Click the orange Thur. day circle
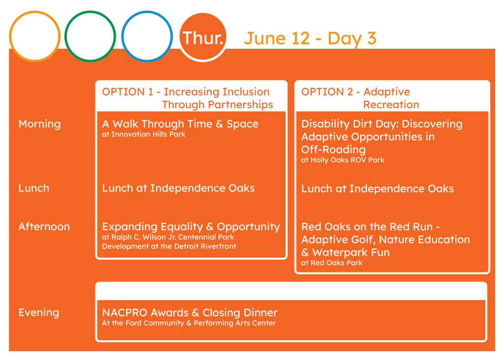point(203,36)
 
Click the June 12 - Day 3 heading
point(310,38)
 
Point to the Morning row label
point(39,124)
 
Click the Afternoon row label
point(44,227)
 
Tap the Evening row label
point(39,312)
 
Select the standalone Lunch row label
point(34,188)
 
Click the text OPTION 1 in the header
point(127,92)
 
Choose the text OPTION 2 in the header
point(327,92)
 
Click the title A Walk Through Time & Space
point(180,124)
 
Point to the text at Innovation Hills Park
point(144,134)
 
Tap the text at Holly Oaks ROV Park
point(343,160)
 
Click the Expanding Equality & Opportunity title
point(191,227)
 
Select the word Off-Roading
point(333,150)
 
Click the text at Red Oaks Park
point(332,263)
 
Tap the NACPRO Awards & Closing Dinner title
point(189,312)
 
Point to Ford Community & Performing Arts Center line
point(189,323)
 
